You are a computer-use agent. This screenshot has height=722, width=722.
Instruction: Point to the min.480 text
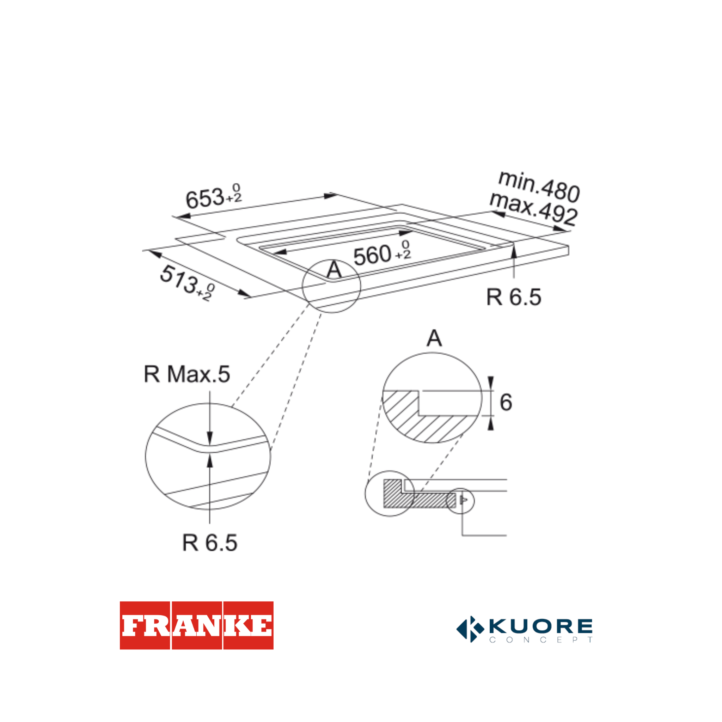[539, 186]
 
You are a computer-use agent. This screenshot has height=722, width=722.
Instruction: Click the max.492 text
[534, 209]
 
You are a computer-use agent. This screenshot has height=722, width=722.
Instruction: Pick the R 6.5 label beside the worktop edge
[513, 297]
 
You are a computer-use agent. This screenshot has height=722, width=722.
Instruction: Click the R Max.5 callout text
[187, 374]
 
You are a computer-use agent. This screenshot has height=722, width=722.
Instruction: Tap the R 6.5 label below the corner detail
[210, 543]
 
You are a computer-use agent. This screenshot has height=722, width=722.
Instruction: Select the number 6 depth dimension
[506, 402]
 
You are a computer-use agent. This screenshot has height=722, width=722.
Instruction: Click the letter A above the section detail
[434, 338]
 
